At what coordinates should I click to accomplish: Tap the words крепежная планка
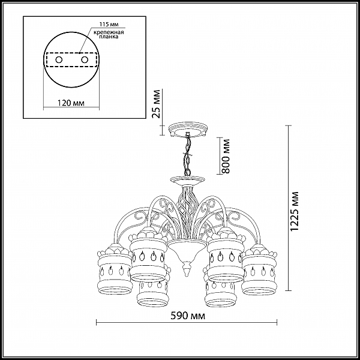click(109, 34)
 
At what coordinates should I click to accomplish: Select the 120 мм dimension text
click(71, 103)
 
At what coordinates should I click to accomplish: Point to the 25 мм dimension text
click(157, 104)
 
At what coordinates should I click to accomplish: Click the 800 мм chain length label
click(226, 156)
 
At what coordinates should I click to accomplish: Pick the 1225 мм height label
click(295, 211)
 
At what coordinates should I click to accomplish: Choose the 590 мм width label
click(188, 316)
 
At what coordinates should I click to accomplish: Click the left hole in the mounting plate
click(59, 60)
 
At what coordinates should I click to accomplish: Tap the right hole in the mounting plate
click(85, 60)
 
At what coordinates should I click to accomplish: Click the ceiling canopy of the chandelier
click(188, 130)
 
